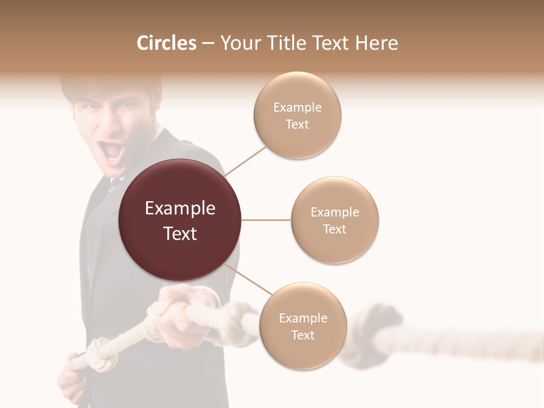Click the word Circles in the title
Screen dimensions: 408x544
click(167, 43)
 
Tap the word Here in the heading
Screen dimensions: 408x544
click(376, 43)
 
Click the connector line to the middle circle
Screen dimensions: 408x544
click(266, 220)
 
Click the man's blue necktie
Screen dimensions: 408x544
click(114, 184)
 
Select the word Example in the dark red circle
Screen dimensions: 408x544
click(180, 209)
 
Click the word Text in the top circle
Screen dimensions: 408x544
click(297, 124)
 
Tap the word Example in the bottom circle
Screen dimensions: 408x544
click(303, 318)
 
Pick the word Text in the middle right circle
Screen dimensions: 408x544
click(334, 229)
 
